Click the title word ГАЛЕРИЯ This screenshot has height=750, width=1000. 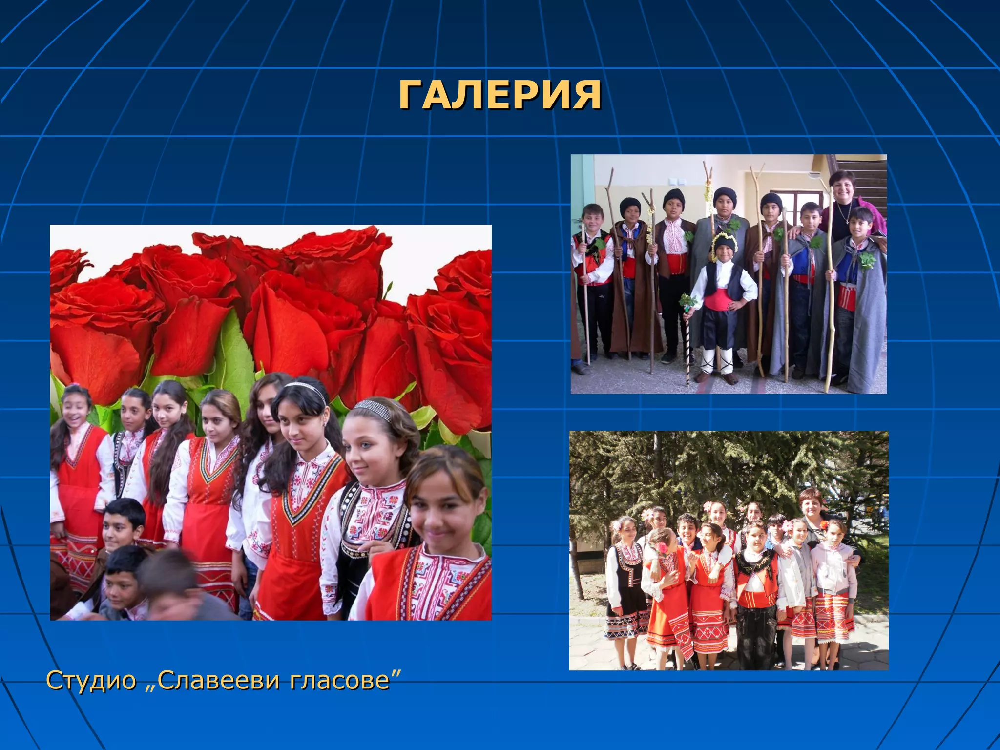[500, 95]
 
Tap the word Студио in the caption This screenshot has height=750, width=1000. [91, 680]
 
